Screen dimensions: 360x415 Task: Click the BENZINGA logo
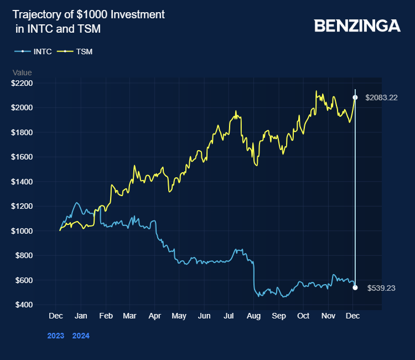pyautogui.click(x=357, y=25)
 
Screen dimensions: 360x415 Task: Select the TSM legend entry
pyautogui.click(x=84, y=52)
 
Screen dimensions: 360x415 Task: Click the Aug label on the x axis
pyautogui.click(x=253, y=316)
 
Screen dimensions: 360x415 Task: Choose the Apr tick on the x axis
pyautogui.click(x=154, y=316)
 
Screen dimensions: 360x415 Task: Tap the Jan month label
pyautogui.click(x=80, y=316)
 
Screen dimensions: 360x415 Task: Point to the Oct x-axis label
pyautogui.click(x=303, y=316)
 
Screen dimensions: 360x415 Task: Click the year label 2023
pyautogui.click(x=56, y=336)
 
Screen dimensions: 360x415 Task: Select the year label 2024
pyautogui.click(x=81, y=336)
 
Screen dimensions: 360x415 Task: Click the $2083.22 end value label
pyautogui.click(x=381, y=97)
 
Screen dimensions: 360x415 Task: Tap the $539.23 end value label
pyautogui.click(x=381, y=288)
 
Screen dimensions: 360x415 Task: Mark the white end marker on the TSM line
pyautogui.click(x=355, y=97)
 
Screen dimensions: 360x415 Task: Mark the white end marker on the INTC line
pyautogui.click(x=355, y=287)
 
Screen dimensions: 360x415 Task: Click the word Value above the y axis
pyautogui.click(x=22, y=73)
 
